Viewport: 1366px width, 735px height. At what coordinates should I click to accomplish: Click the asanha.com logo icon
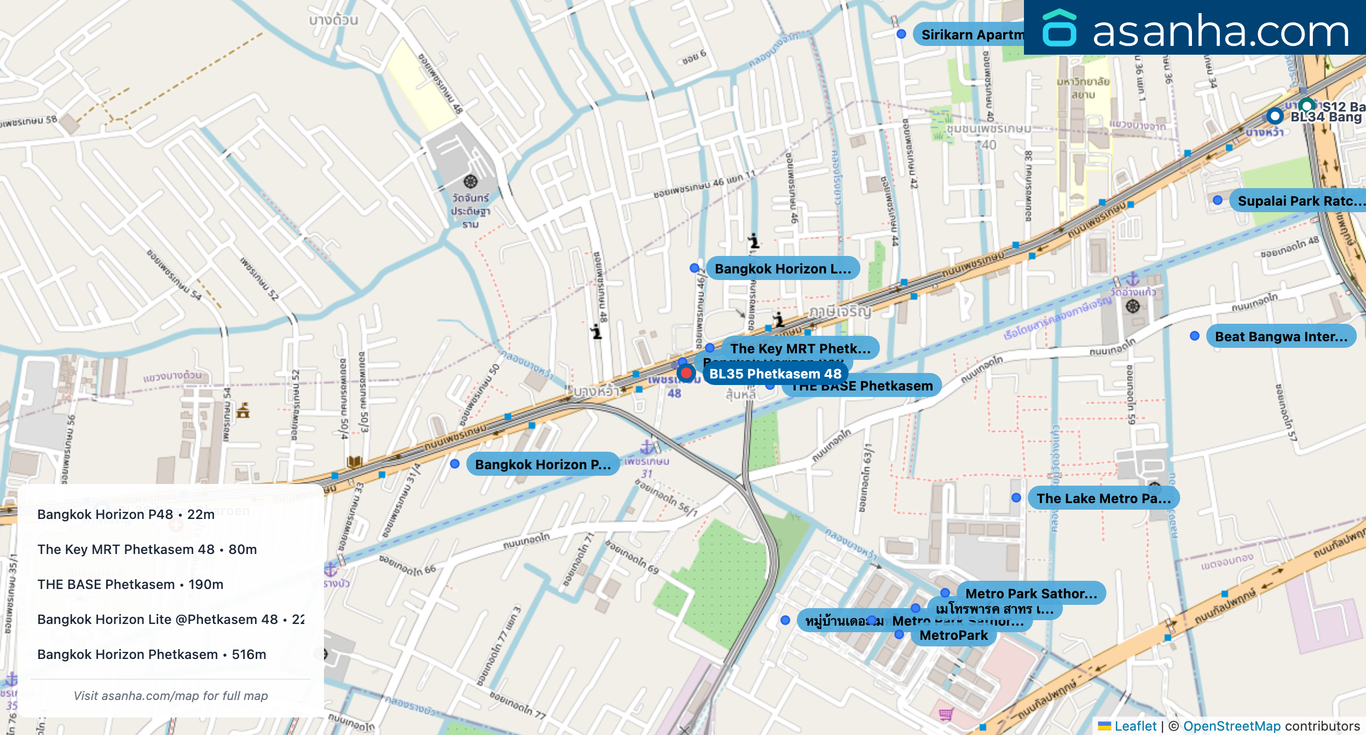click(x=1060, y=28)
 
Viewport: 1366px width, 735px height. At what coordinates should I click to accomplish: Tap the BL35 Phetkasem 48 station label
click(x=775, y=374)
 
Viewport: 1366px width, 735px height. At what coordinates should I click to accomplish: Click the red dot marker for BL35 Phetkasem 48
click(x=686, y=374)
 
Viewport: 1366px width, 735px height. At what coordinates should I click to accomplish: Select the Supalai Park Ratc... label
click(x=1300, y=201)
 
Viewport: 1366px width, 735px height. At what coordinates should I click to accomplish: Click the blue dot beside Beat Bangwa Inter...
click(x=1195, y=336)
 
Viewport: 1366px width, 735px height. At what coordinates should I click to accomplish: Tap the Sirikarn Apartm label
click(x=971, y=34)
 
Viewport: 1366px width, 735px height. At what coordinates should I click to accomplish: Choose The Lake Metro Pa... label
click(x=1103, y=498)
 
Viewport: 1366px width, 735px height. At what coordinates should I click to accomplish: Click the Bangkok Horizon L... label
click(x=783, y=269)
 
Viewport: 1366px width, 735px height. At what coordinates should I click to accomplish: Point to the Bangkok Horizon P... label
click(x=542, y=464)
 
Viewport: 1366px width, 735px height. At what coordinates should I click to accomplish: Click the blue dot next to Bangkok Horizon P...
click(x=455, y=464)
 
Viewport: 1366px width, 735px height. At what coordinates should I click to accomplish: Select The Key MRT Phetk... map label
click(x=800, y=348)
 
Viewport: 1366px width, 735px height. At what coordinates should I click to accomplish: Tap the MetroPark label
click(x=953, y=635)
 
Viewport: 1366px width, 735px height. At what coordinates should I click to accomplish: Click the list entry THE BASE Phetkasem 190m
click(x=130, y=584)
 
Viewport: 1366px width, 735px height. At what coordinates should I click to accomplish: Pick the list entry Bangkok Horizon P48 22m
click(x=126, y=514)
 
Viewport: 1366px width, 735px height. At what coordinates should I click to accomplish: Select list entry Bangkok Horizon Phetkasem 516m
click(x=152, y=654)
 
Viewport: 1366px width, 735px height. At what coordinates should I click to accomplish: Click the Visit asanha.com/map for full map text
click(x=171, y=696)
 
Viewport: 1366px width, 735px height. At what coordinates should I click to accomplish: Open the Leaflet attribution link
click(x=1135, y=726)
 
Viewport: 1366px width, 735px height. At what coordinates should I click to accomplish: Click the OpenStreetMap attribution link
click(x=1231, y=726)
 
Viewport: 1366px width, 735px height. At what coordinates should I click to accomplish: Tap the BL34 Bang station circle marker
click(x=1275, y=116)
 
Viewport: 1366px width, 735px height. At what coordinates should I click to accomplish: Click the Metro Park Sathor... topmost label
click(x=1031, y=593)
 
